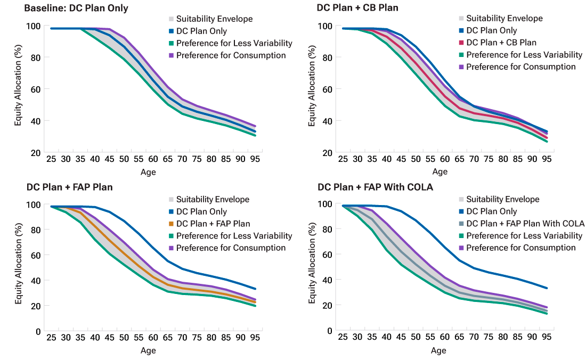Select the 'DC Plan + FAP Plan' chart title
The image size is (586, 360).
pos(70,187)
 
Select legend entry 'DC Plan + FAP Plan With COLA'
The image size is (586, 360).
pos(525,224)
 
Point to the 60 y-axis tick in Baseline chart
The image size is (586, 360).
pos(35,89)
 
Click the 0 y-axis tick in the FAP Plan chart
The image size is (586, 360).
pos(38,331)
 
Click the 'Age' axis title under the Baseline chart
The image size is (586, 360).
pos(148,172)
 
